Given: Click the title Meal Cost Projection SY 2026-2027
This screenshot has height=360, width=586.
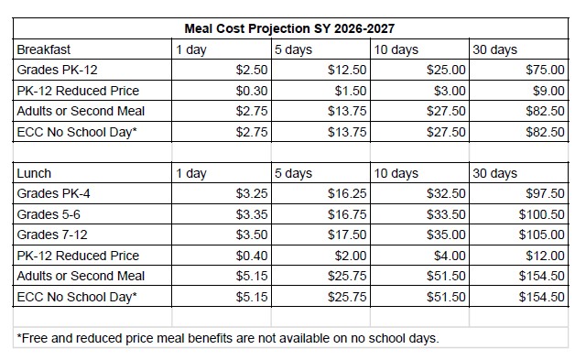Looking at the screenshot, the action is tap(289, 28).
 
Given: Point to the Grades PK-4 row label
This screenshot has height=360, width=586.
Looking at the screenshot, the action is tap(53, 193).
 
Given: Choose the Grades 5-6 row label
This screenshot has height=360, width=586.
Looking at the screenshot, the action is tap(49, 214).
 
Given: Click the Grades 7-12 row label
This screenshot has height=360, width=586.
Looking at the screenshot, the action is tap(52, 235).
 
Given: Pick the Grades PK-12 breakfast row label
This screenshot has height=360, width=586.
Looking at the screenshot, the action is tap(57, 70).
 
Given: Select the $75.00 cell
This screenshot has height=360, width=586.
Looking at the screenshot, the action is tap(545, 70).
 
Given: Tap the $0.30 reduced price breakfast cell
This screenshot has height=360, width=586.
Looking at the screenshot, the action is tap(252, 91).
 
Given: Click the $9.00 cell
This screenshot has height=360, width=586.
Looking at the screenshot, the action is tap(548, 91).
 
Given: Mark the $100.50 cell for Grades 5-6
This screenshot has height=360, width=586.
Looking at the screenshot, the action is tap(541, 214).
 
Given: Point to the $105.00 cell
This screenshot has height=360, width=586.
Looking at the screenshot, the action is tap(541, 235).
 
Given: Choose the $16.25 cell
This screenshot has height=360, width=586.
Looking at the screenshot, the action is tap(347, 193).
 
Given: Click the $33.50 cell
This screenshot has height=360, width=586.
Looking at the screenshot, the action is tap(446, 214).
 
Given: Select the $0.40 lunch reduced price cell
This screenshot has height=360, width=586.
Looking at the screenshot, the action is tap(252, 256).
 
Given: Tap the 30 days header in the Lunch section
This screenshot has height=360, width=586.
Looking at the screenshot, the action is tap(494, 173).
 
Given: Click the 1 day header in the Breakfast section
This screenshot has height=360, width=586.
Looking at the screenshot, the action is tap(191, 49).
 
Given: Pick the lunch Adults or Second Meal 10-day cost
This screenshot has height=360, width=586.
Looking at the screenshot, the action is tap(446, 276).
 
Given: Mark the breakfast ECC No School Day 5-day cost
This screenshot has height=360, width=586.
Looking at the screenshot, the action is tap(347, 132).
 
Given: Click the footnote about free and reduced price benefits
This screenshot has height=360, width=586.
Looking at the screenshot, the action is tap(228, 338).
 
